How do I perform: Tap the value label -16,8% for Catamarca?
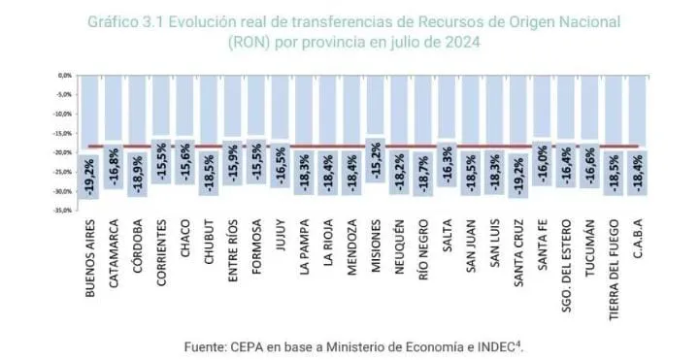pos(116,165)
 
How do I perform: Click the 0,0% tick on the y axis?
pos(66,75)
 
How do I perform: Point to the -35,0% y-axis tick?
pos(64,211)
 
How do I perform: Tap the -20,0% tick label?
pos(64,152)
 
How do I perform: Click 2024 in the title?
pos(459,43)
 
